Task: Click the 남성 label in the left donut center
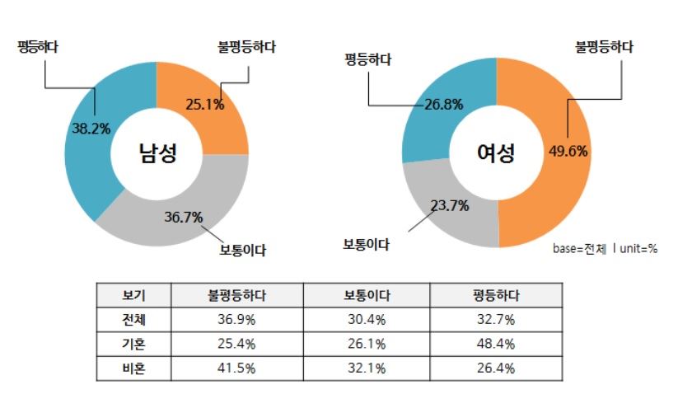pyautogui.click(x=157, y=152)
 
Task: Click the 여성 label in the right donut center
pyautogui.click(x=496, y=152)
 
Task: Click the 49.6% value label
pyautogui.click(x=568, y=150)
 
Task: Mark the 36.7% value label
pyautogui.click(x=183, y=217)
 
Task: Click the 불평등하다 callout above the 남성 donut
pyautogui.click(x=242, y=47)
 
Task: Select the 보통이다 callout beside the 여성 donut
pyautogui.click(x=366, y=245)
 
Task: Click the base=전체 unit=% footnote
pyautogui.click(x=604, y=248)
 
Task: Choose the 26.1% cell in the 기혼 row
pyautogui.click(x=366, y=344)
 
